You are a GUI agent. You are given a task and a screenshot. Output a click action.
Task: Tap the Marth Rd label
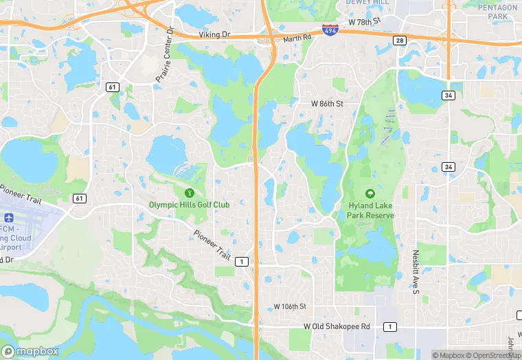(x=297, y=38)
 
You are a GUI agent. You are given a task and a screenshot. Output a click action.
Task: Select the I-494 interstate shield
(x=330, y=30)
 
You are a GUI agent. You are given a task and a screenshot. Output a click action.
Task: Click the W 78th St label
(x=364, y=22)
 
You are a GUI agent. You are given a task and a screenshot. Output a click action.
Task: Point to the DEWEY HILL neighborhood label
(x=367, y=3)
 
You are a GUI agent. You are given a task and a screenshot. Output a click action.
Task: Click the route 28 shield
(x=398, y=42)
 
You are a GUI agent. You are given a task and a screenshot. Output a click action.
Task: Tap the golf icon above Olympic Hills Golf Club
(x=190, y=192)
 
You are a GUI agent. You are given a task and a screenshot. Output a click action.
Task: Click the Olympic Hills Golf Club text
(x=190, y=205)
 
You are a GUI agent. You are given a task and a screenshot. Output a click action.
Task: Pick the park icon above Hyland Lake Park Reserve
(x=370, y=194)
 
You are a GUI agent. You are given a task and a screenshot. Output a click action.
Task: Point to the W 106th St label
(x=289, y=306)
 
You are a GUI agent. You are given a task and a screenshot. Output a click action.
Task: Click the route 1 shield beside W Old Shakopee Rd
(x=389, y=326)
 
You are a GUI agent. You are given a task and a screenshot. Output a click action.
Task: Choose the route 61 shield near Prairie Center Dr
(x=111, y=86)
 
